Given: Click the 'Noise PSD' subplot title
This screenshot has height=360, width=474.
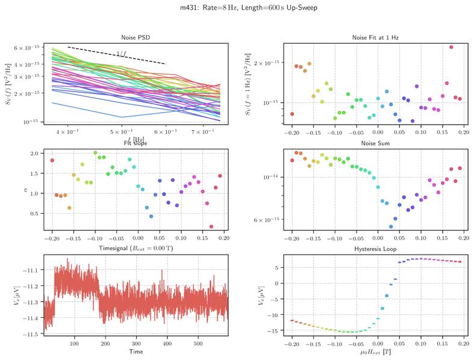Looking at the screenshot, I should point(136,38).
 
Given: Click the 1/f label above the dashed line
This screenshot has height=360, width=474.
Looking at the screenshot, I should point(122,54).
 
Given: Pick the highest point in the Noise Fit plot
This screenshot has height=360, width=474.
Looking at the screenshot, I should point(451,47).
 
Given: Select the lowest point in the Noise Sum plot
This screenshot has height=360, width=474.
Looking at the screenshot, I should point(391,227).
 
